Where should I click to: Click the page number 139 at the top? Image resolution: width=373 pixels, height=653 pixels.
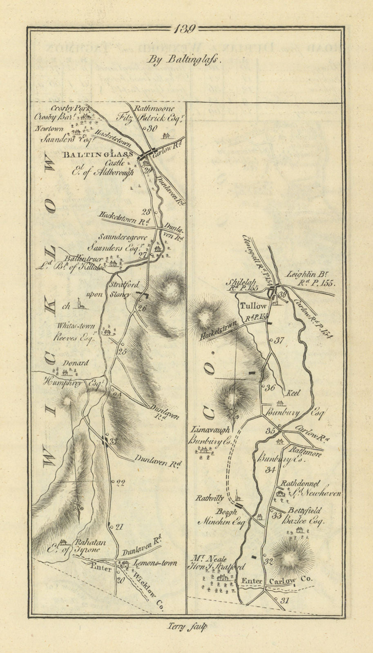(x=185, y=29)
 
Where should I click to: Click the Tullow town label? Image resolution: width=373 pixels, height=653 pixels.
(x=253, y=306)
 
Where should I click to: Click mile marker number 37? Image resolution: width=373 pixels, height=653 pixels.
(x=279, y=340)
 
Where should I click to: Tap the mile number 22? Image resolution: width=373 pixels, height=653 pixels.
(x=120, y=483)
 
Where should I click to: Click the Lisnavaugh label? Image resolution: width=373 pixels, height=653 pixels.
(x=209, y=430)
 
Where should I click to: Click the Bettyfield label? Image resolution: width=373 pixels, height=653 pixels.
(x=305, y=511)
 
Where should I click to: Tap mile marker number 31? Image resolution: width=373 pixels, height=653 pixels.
(x=285, y=600)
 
